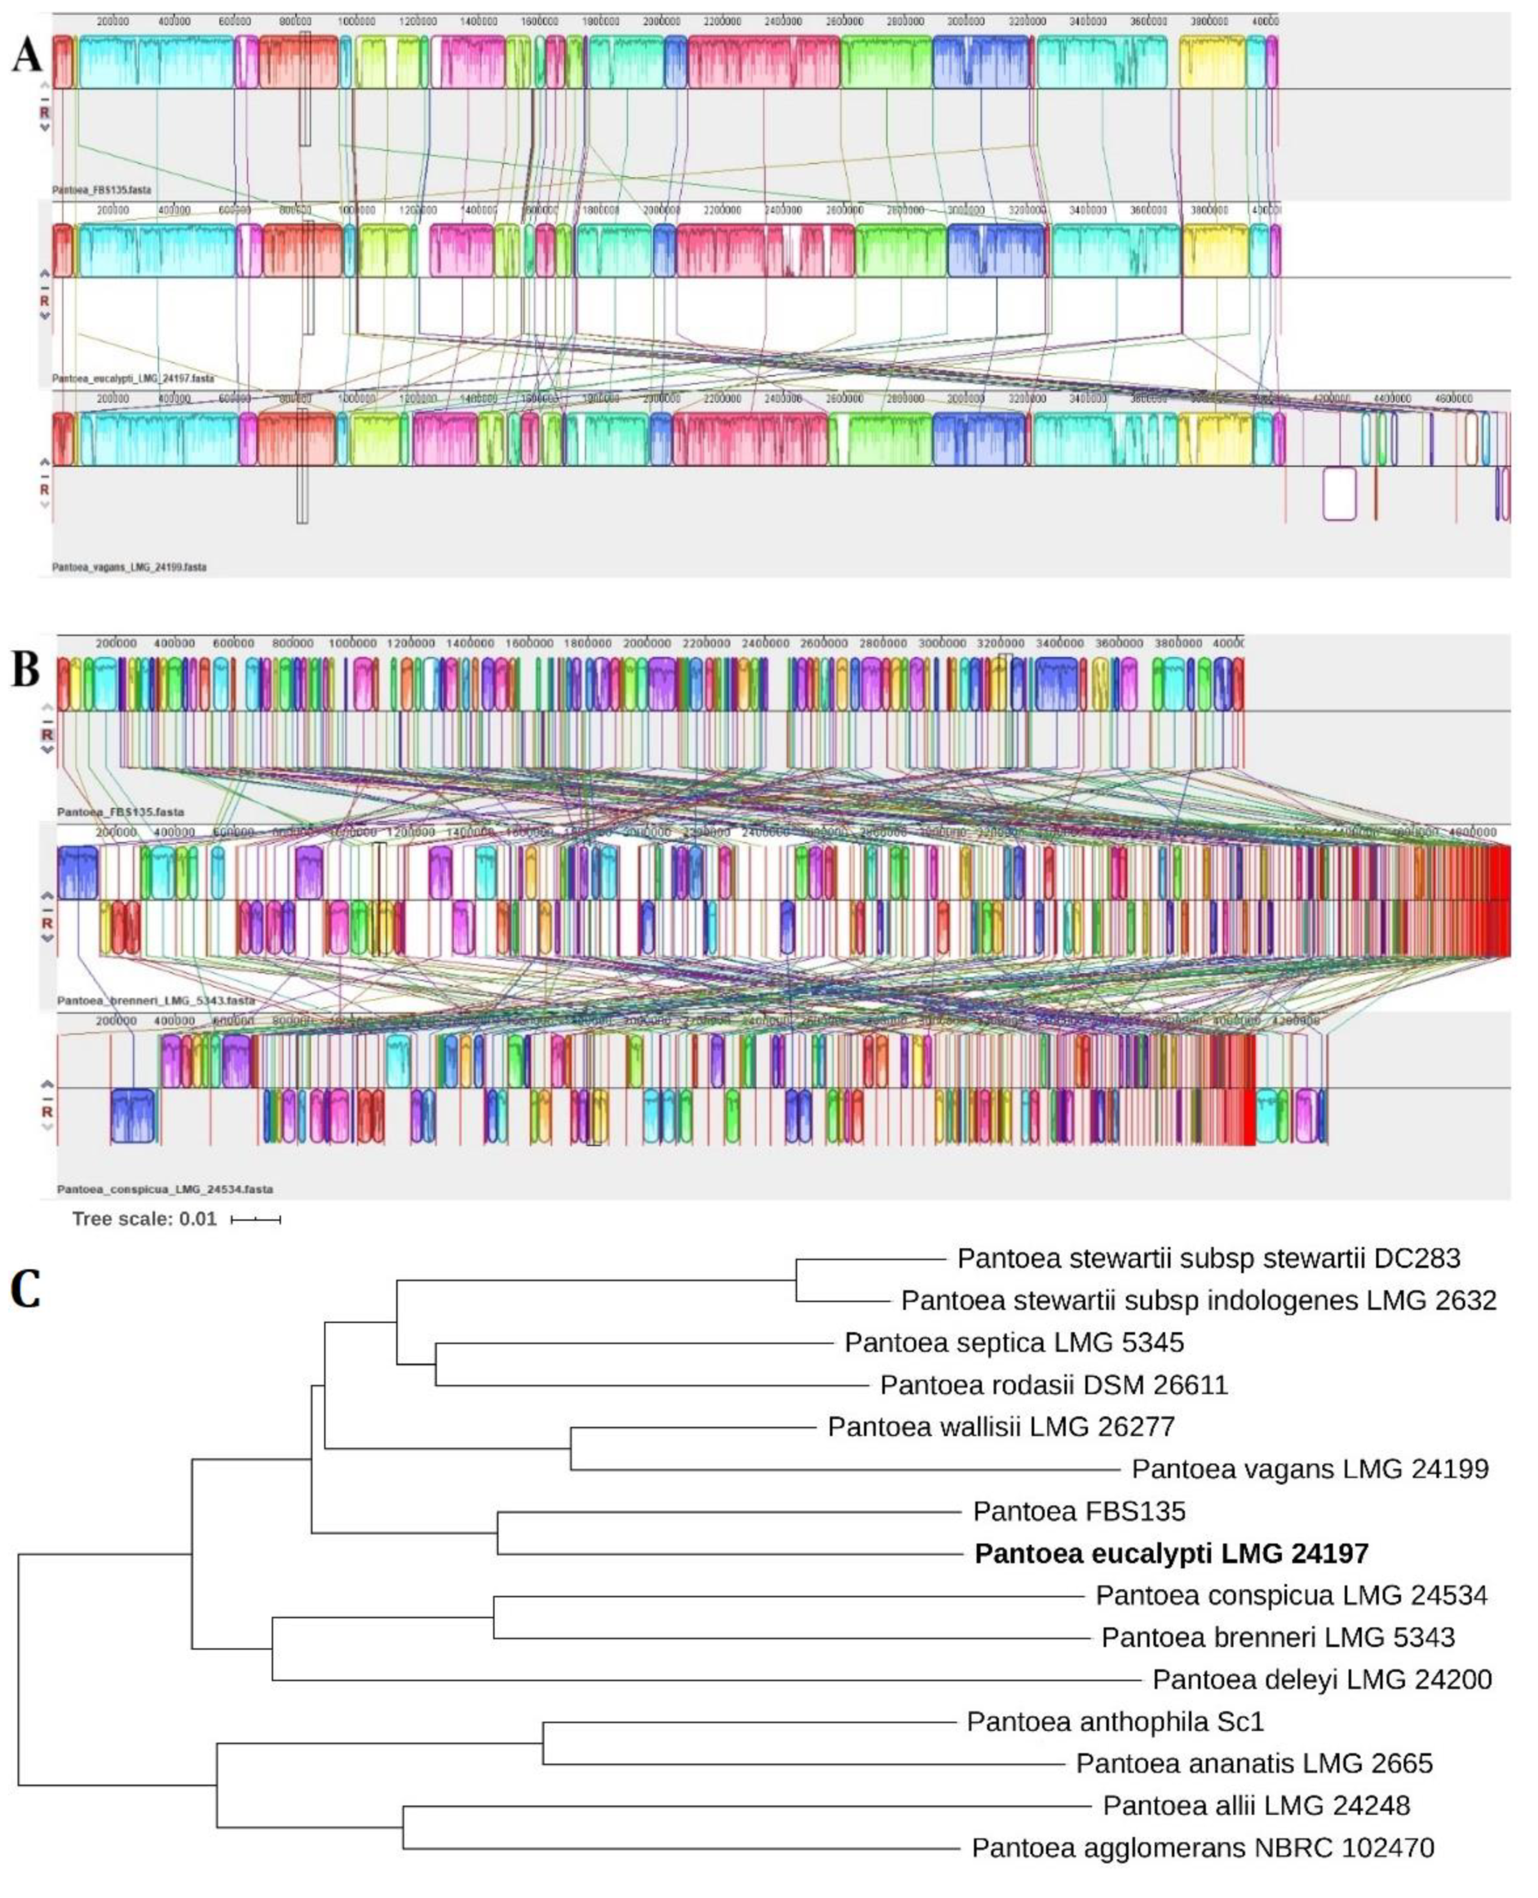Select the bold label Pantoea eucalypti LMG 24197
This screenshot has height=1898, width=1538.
pyautogui.click(x=1171, y=1553)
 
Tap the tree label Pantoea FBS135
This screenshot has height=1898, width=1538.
pyautogui.click(x=1078, y=1511)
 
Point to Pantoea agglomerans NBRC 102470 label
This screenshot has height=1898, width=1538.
pyautogui.click(x=1202, y=1847)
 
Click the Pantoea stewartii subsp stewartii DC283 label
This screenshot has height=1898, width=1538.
pyautogui.click(x=1208, y=1259)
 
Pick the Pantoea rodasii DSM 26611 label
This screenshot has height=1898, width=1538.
pyautogui.click(x=1054, y=1384)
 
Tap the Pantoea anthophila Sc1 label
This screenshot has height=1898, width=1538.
pyautogui.click(x=1115, y=1722)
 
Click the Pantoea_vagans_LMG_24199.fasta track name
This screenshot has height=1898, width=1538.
pyautogui.click(x=129, y=567)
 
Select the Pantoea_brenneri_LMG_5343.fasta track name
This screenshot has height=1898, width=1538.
pyautogui.click(x=156, y=1001)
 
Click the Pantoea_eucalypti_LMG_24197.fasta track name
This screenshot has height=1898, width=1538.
pyautogui.click(x=133, y=378)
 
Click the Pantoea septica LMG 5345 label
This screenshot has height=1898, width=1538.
pyautogui.click(x=1014, y=1343)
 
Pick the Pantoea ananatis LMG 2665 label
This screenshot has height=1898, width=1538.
pyautogui.click(x=1254, y=1763)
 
